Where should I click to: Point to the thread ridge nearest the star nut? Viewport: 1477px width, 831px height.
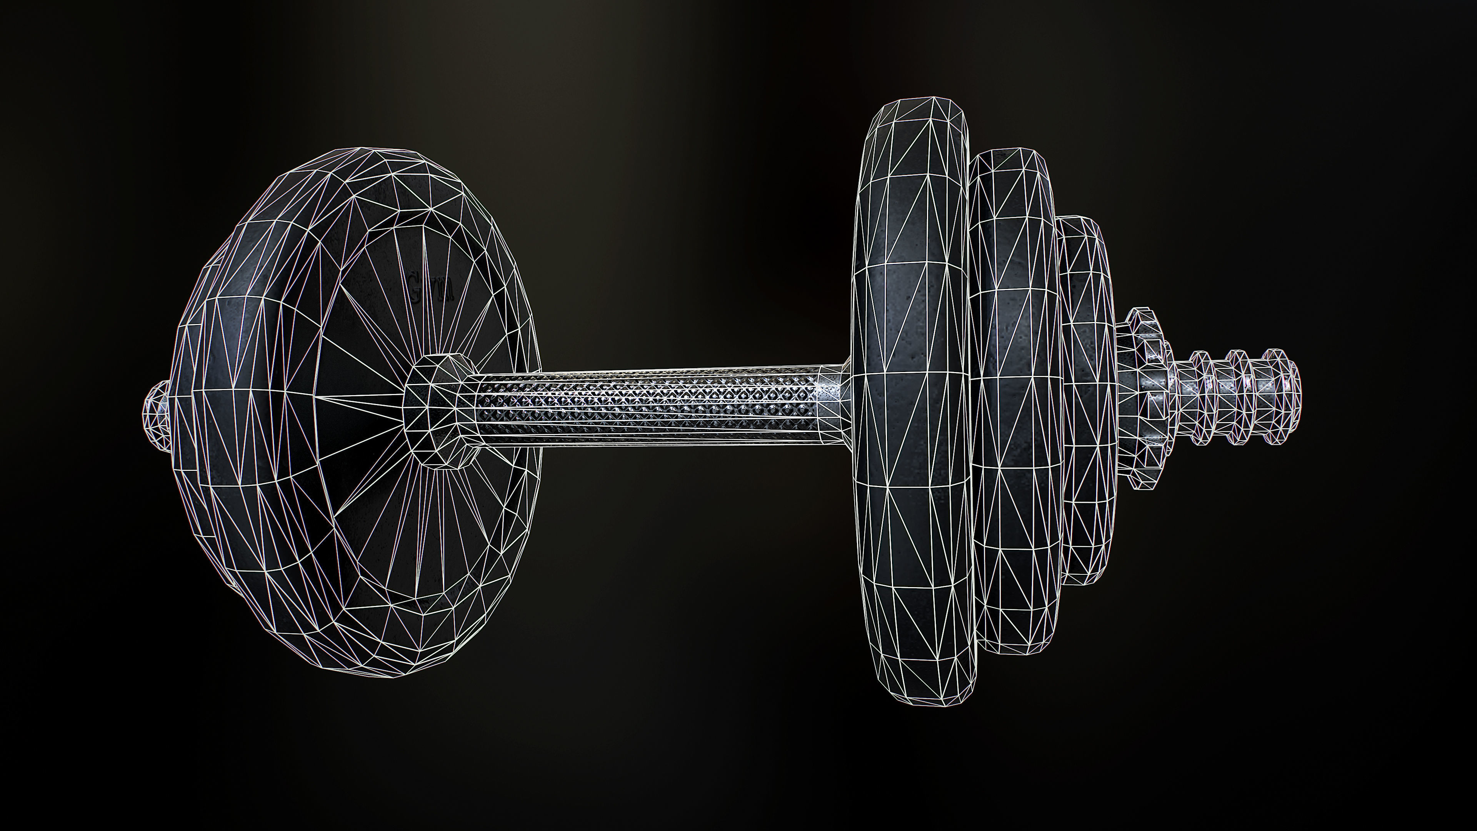point(1204,396)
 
